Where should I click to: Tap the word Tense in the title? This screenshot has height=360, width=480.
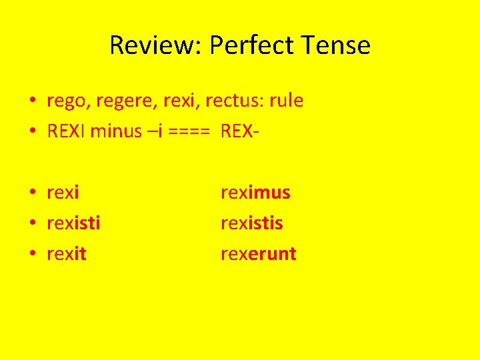337,45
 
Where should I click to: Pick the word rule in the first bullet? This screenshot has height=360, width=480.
287,101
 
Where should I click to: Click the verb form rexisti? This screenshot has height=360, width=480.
73,223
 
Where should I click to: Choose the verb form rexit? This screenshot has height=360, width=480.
67,254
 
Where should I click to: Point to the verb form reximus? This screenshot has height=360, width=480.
255,193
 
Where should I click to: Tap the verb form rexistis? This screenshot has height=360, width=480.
252,223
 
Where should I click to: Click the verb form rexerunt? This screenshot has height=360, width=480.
259,254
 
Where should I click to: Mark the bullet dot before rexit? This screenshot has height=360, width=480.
32,254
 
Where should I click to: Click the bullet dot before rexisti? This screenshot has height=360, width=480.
32,223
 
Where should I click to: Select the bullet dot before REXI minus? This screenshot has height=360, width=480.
32,131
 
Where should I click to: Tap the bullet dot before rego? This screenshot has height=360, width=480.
32,101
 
